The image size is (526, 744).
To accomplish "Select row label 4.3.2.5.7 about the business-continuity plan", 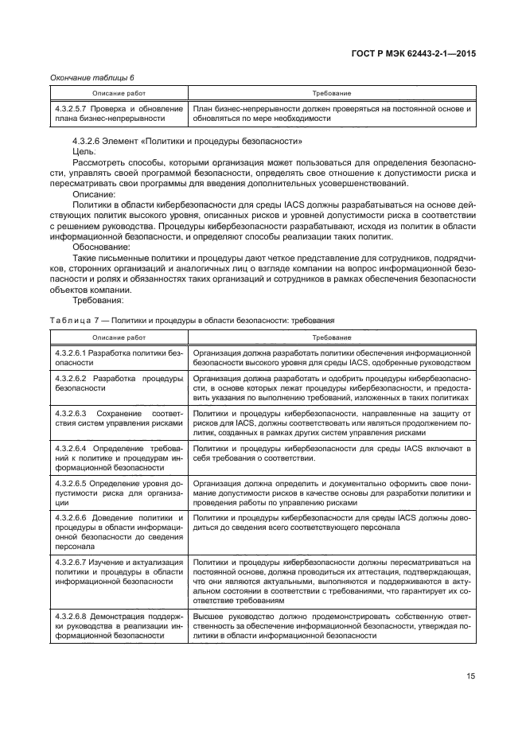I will (x=118, y=113).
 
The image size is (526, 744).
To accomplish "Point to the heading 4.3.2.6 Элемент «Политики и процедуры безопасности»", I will (x=187, y=141).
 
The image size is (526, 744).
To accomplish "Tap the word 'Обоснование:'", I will (x=100, y=246).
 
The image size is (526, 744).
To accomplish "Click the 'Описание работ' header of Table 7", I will (x=118, y=337).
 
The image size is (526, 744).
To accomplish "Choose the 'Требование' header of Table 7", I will (x=332, y=337).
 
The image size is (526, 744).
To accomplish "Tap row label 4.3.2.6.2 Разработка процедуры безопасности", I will (x=118, y=384).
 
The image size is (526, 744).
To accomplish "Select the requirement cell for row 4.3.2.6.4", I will (x=332, y=454).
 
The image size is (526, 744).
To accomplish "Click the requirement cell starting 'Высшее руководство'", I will (x=332, y=625).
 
